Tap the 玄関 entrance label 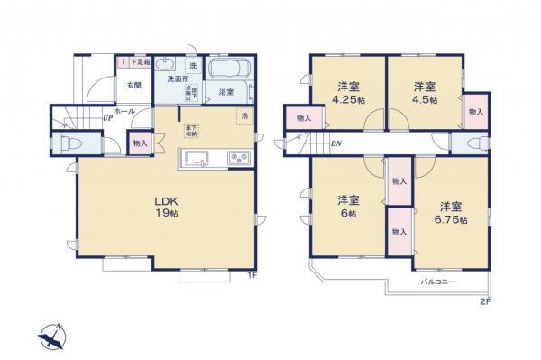(x=133, y=86)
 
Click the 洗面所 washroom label (x=178, y=78)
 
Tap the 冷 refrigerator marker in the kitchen (x=243, y=115)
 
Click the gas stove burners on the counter (x=240, y=160)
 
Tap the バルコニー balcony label (x=438, y=282)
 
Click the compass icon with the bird (x=52, y=337)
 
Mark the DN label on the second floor (x=335, y=144)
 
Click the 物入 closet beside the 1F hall (x=140, y=143)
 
